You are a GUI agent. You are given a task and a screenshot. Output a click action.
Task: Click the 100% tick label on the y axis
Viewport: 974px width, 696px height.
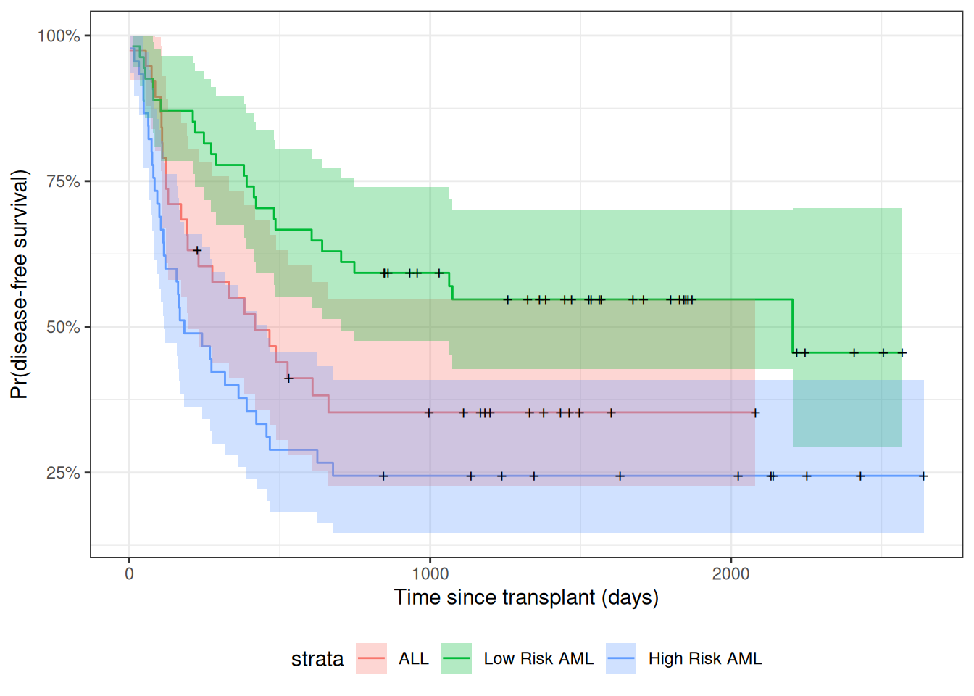[59, 36]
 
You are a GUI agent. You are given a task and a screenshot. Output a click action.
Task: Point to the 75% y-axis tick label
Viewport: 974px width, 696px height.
[63, 181]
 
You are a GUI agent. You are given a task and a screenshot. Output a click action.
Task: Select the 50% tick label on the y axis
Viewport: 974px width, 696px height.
[63, 327]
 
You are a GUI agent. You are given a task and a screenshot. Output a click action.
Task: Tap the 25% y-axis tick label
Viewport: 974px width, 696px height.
[63, 473]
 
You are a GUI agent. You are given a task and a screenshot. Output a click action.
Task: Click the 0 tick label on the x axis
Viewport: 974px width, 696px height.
[129, 574]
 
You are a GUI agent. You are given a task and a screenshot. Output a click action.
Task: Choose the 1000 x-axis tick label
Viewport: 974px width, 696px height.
[430, 574]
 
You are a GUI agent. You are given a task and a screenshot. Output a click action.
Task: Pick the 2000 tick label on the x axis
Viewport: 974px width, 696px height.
[730, 574]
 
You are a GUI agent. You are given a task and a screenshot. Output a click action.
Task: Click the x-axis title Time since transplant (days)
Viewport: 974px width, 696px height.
[526, 597]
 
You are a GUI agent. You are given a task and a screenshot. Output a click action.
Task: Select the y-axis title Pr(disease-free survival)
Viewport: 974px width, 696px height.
[20, 284]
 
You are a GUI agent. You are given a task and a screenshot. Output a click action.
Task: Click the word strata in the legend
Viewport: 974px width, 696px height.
[317, 659]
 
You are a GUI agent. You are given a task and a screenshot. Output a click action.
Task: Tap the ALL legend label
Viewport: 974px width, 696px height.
[414, 659]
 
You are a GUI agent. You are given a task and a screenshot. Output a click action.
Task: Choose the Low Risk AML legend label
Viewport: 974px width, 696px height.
[538, 659]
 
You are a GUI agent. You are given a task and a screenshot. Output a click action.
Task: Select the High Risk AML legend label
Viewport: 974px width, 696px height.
[705, 659]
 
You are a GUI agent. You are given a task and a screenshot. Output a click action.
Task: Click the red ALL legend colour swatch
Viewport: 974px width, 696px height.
[371, 658]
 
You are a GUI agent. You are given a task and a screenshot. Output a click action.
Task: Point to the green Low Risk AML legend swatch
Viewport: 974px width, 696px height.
[457, 658]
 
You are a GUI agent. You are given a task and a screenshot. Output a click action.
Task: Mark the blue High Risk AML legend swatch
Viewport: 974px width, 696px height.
[621, 658]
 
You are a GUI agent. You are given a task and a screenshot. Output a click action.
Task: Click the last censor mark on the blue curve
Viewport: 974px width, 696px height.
[923, 476]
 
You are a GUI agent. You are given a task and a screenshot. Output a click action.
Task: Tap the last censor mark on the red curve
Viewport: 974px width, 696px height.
[755, 413]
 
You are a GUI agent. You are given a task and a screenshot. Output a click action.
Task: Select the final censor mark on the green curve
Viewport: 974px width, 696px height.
[902, 353]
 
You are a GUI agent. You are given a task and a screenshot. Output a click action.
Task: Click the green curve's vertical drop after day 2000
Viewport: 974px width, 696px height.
[793, 326]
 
